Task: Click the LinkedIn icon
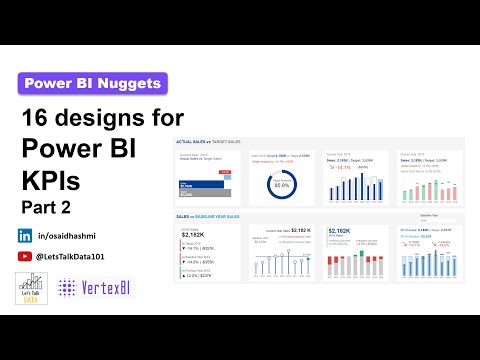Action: pyautogui.click(x=24, y=236)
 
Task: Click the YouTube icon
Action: pyautogui.click(x=24, y=257)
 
